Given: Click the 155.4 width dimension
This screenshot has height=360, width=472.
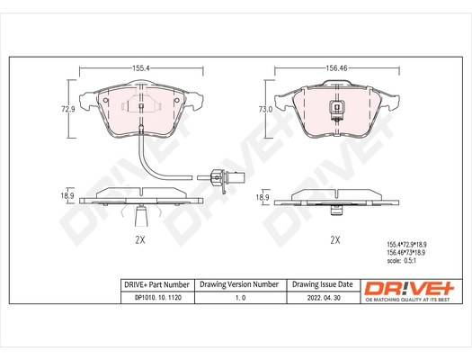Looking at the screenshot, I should coord(140,67).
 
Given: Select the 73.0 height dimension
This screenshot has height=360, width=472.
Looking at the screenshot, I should coord(265,108).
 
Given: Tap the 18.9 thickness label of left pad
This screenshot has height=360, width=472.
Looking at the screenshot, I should coord(67,194).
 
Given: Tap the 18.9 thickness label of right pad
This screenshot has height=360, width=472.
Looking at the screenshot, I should coord(263,196).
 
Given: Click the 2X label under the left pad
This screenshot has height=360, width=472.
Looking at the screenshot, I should coord(140,241).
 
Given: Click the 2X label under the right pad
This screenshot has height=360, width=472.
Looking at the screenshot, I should coord(335,240).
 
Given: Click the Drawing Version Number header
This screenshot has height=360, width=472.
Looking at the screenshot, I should coord(239,284).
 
